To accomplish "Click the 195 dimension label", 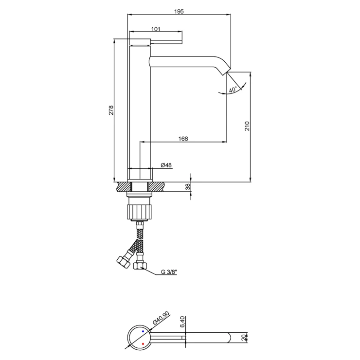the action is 179,11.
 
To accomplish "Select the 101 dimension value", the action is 156,29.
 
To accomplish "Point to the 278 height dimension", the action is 111,110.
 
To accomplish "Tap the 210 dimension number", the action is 247,126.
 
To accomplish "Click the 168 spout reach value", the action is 183,139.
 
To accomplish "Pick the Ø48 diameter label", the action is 166,165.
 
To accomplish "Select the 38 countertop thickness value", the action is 188,187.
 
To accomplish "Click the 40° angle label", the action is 233,90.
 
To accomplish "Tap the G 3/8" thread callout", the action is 169,272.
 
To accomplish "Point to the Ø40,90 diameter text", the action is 161,318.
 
